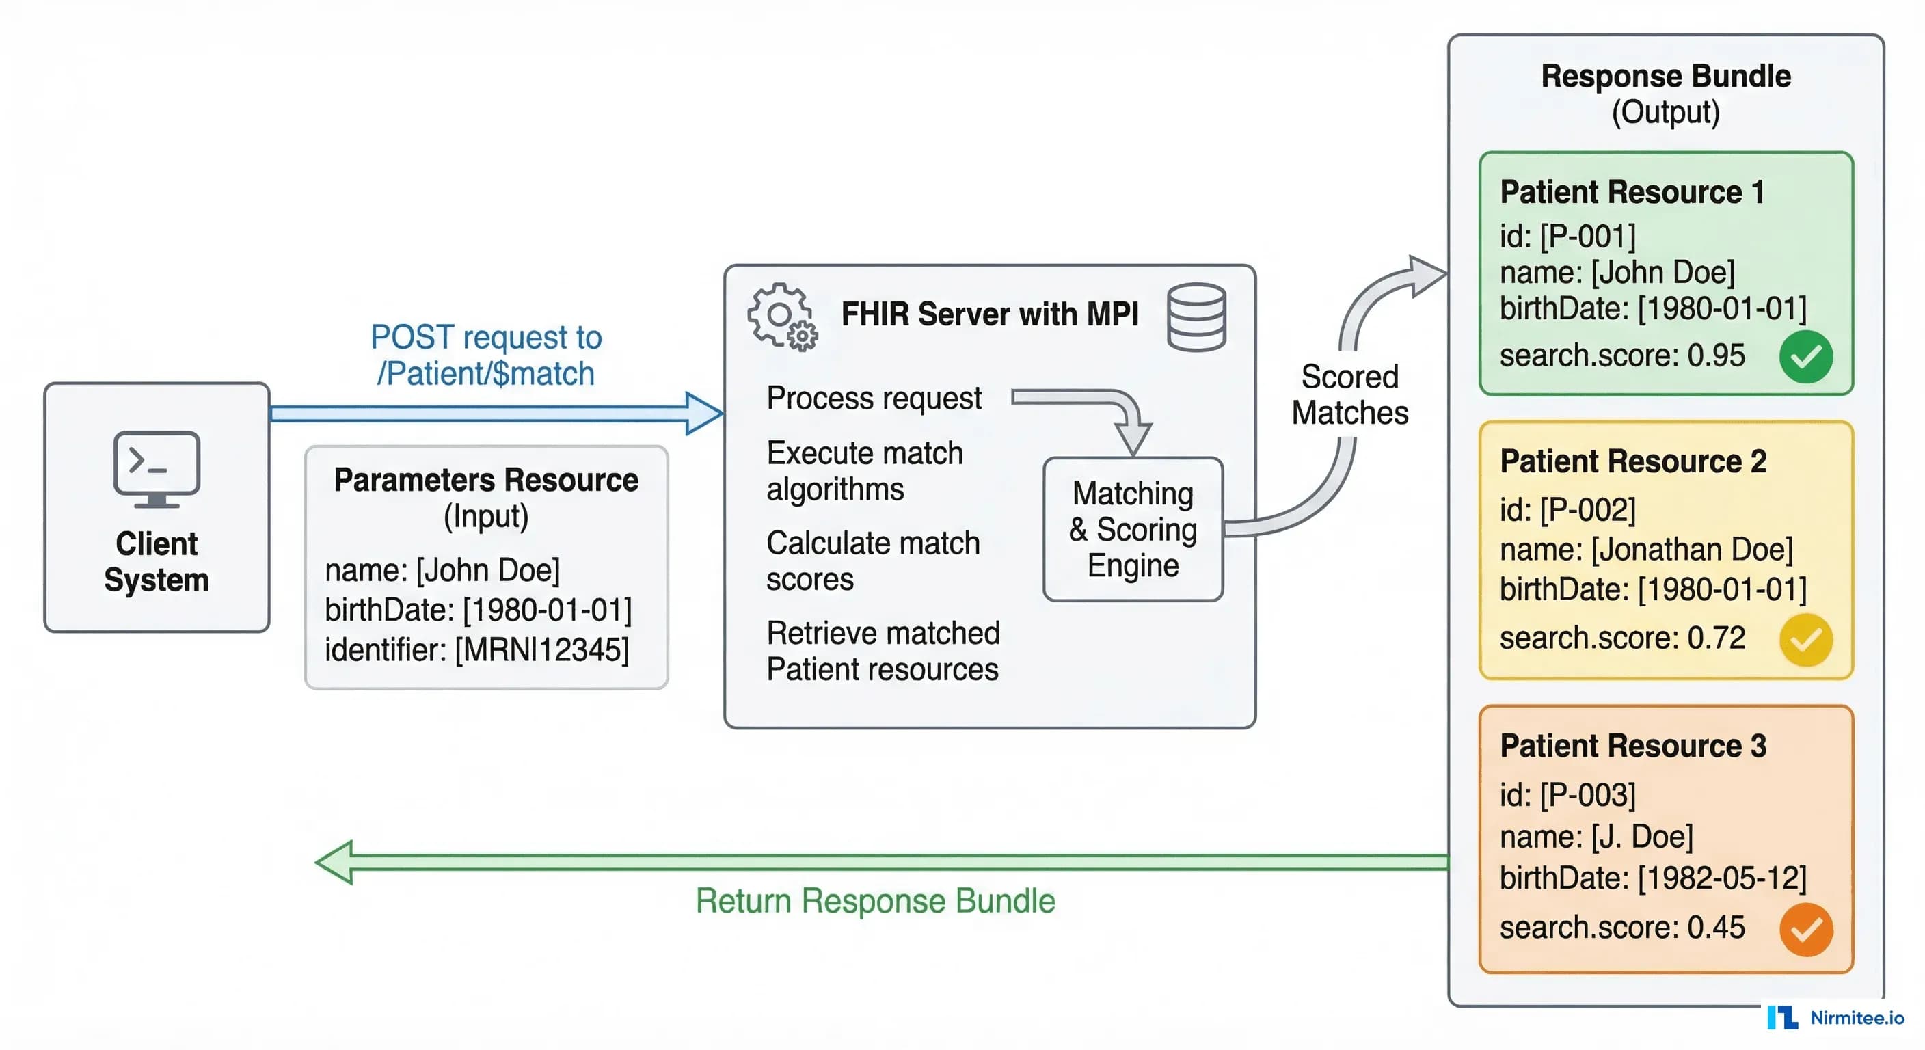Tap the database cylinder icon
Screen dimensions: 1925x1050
(x=1196, y=317)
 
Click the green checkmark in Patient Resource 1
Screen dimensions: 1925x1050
(x=1805, y=356)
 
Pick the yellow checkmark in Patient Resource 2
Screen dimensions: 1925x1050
(x=1805, y=640)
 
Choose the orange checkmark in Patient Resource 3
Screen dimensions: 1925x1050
(x=1805, y=930)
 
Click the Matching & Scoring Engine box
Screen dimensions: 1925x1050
(x=1133, y=529)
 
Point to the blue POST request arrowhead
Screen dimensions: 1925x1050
(x=704, y=414)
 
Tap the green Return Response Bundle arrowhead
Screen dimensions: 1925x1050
(x=334, y=863)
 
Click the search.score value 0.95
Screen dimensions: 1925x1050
(x=1716, y=355)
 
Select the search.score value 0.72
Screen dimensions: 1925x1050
(x=1716, y=638)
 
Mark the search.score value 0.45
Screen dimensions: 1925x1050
(x=1716, y=928)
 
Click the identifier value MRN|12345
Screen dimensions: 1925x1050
(x=543, y=649)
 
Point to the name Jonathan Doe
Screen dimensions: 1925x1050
(x=1692, y=550)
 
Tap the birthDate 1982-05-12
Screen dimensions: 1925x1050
(x=1722, y=878)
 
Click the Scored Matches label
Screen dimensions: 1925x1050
(x=1349, y=394)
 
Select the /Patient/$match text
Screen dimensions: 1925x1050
(x=486, y=374)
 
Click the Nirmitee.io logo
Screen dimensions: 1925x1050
(x=1835, y=1018)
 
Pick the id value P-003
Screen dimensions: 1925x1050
(x=1588, y=795)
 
